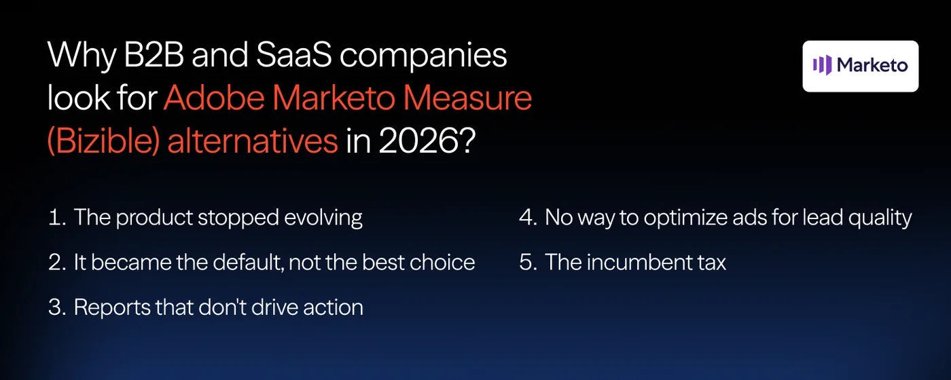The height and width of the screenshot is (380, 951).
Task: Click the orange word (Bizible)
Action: (98, 142)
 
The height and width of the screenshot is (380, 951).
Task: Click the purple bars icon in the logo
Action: (822, 65)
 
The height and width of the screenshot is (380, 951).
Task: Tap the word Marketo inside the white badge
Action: (872, 65)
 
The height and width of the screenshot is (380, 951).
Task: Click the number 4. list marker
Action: (528, 218)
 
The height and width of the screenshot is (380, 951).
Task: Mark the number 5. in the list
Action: (528, 263)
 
